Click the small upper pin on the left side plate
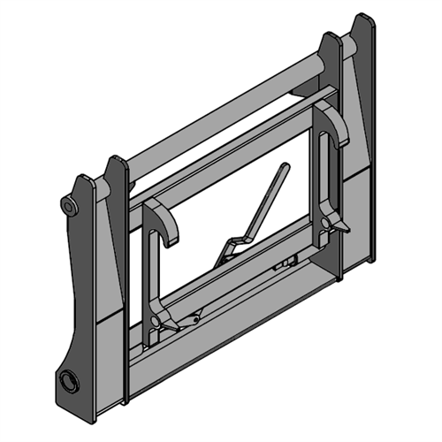tap(67, 206)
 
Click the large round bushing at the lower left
tap(66, 382)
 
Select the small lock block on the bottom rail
tap(284, 263)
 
